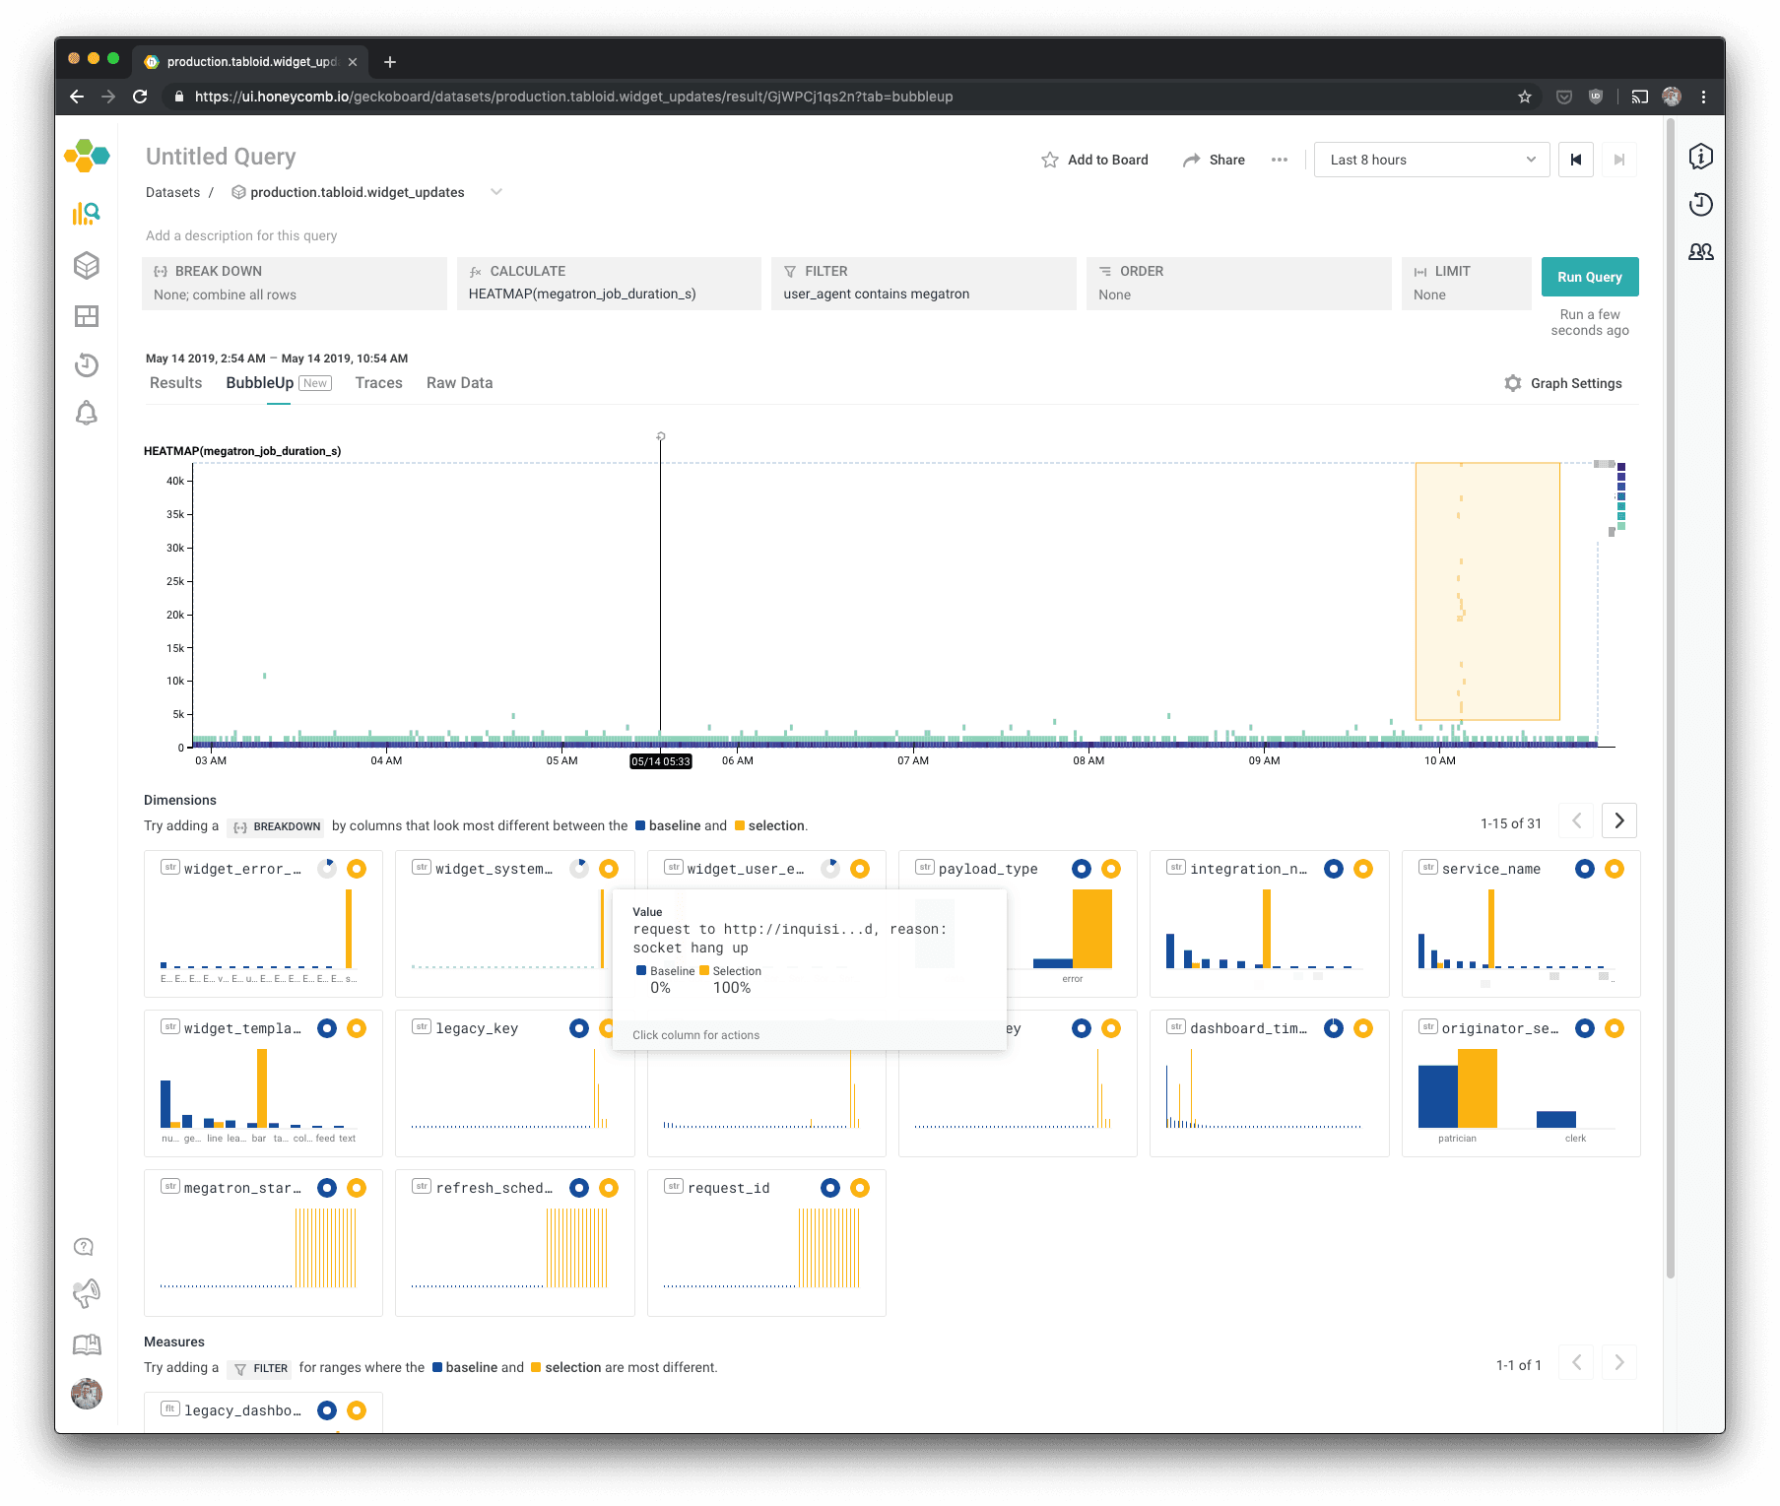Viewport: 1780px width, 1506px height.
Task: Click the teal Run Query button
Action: point(1589,277)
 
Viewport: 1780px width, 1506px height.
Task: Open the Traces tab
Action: point(378,383)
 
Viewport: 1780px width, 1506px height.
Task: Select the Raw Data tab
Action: point(459,383)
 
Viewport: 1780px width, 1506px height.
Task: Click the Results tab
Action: point(175,383)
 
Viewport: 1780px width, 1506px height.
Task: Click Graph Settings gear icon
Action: point(1513,383)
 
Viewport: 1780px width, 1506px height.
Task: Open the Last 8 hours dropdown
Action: point(1431,160)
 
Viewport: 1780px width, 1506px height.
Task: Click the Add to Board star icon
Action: point(1050,160)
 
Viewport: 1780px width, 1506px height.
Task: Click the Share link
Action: point(1226,160)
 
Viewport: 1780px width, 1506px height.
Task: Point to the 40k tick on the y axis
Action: point(175,481)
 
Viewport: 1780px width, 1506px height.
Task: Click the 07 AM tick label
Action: point(912,760)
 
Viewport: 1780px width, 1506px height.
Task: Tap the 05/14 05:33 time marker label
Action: point(660,761)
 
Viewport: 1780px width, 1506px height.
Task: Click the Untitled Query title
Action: point(221,157)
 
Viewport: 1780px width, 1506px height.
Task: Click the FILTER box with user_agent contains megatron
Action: point(923,284)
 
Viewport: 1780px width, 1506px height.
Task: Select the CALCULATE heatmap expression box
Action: point(608,284)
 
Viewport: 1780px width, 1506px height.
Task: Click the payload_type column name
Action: point(988,869)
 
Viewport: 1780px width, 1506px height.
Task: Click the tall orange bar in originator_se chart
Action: point(1477,1088)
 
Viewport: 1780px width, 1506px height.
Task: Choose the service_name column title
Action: point(1490,869)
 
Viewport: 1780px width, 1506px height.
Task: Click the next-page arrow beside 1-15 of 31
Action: point(1619,820)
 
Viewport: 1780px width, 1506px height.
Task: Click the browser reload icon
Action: point(140,97)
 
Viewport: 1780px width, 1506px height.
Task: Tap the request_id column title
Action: point(728,1188)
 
